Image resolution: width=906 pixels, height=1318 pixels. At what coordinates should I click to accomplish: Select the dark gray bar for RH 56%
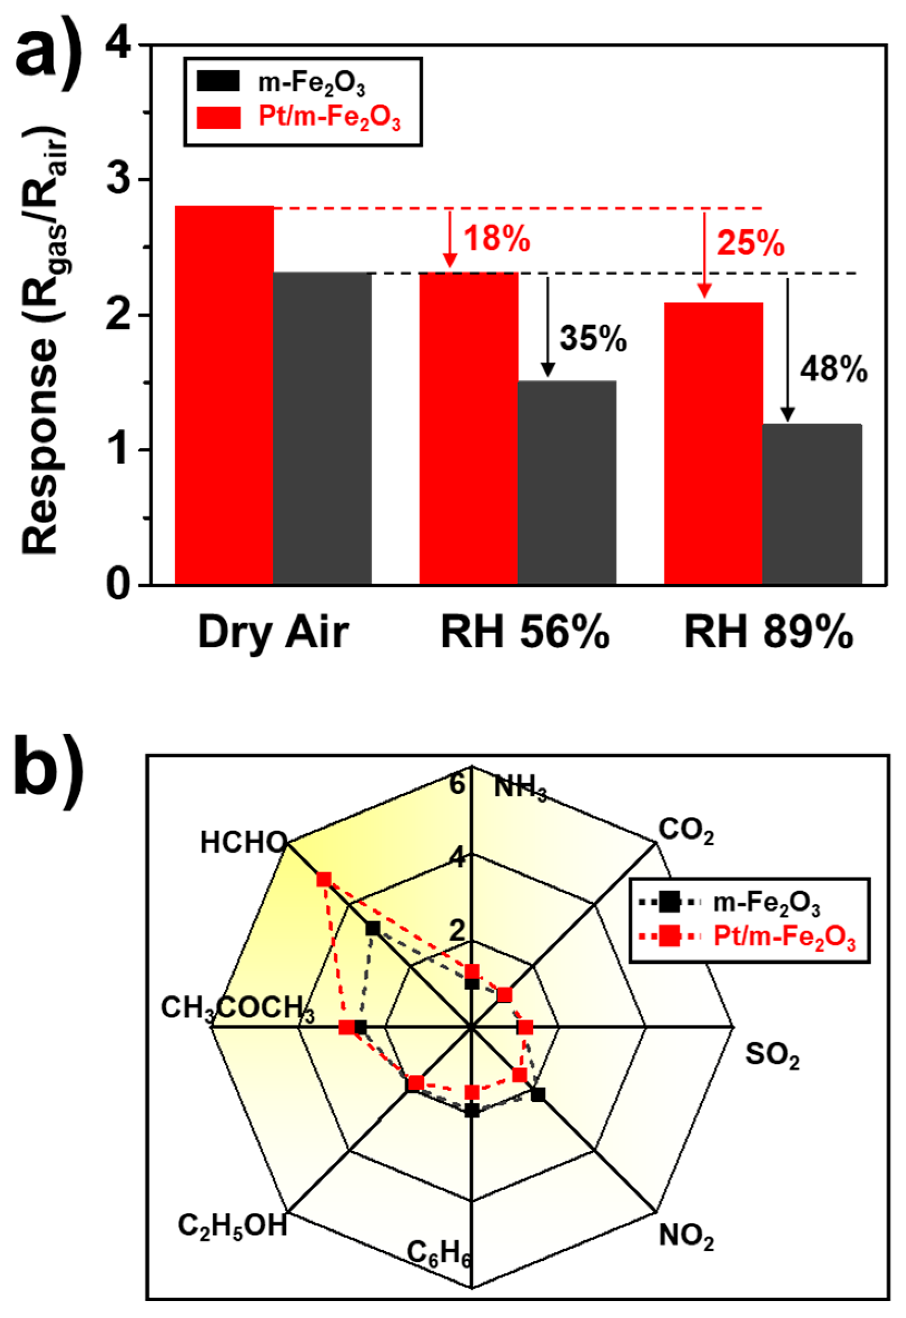click(x=567, y=482)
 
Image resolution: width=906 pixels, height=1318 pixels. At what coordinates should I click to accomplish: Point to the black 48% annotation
click(x=834, y=371)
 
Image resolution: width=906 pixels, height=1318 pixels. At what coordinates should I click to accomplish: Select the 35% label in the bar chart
click(x=593, y=339)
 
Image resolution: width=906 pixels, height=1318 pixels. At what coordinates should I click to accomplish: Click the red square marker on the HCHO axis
click(x=323, y=879)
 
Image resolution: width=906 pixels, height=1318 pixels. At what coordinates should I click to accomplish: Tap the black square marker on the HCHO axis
click(x=372, y=928)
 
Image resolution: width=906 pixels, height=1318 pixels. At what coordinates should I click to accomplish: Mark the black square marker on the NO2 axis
click(x=537, y=1094)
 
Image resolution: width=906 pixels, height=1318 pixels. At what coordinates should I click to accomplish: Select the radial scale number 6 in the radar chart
click(x=457, y=784)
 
